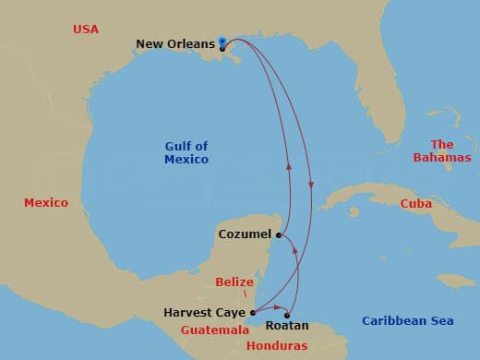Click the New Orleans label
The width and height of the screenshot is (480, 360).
point(175,43)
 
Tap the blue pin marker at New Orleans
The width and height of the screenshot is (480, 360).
point(222,42)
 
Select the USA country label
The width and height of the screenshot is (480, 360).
point(85,30)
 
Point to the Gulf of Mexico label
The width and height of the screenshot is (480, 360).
point(186,152)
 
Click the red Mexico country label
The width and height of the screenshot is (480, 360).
point(46,202)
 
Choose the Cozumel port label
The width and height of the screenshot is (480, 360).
point(245,234)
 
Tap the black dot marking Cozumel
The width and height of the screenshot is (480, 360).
point(279,234)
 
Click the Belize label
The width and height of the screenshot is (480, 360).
point(234,282)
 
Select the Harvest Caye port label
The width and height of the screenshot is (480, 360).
point(205,313)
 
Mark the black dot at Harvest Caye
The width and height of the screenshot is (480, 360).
point(253,313)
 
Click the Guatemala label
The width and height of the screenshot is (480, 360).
point(215,330)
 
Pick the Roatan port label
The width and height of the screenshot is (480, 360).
point(287,327)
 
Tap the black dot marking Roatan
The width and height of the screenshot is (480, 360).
point(287,316)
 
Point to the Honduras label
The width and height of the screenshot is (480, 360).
point(278,345)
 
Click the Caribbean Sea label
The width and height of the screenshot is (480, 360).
point(407,320)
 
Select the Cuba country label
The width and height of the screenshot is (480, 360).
point(416,204)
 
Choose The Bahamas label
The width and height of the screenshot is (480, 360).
point(442,151)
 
